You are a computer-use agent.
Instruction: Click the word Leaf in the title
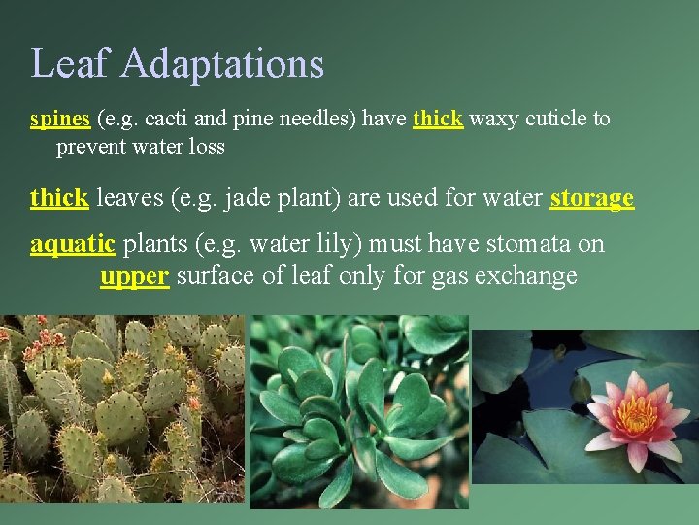[72, 64]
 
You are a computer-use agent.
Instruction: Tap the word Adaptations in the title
[222, 64]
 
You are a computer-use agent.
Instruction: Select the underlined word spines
[60, 120]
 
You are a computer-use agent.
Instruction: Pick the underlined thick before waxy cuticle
[438, 120]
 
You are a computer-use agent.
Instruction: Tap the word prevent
[91, 148]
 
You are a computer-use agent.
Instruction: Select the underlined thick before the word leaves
[59, 198]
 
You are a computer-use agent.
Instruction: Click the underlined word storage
[591, 199]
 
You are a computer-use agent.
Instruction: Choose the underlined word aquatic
[73, 244]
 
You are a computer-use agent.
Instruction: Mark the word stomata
[517, 244]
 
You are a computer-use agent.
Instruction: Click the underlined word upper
[136, 276]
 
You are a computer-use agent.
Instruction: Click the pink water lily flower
[637, 417]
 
